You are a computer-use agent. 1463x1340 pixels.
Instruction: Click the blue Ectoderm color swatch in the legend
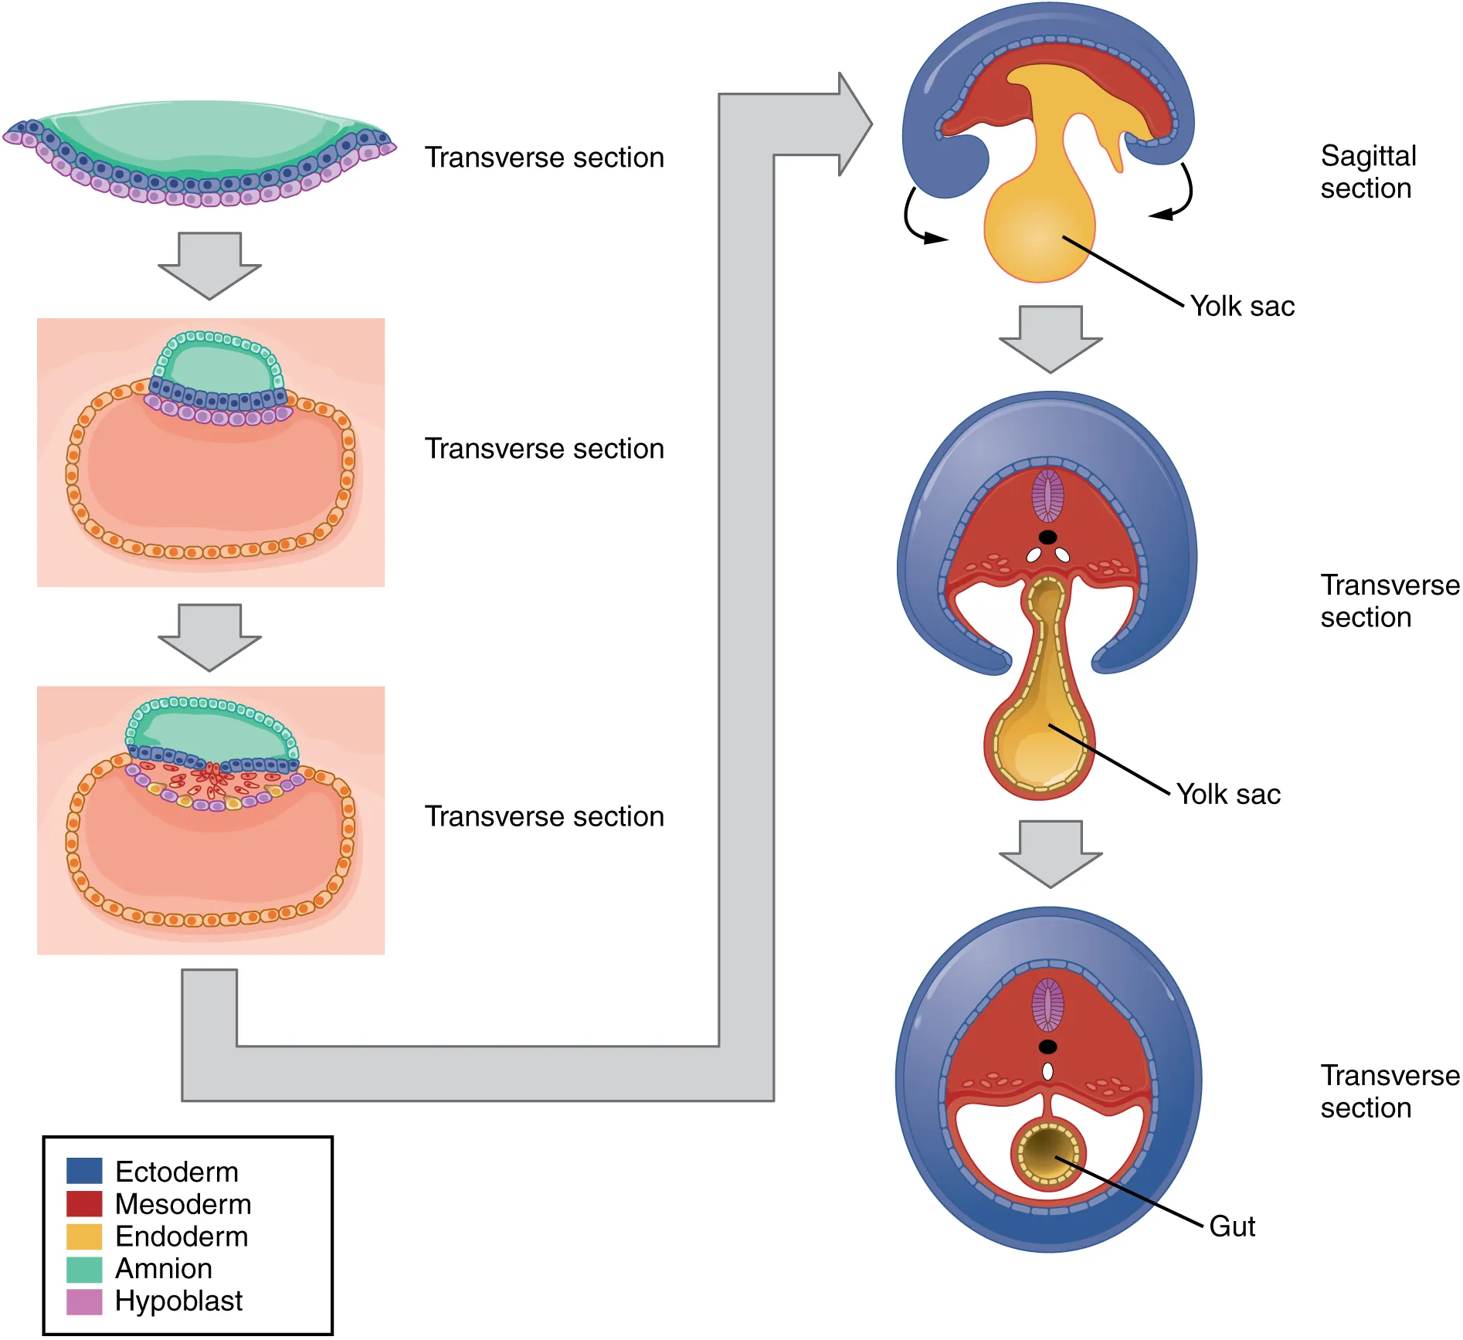84,1171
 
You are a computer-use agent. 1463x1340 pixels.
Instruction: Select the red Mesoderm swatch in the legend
84,1203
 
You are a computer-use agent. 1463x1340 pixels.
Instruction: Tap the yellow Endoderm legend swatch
84,1236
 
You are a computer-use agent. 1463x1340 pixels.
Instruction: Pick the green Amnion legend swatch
84,1268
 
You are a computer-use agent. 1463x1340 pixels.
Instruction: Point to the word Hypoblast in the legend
178,1301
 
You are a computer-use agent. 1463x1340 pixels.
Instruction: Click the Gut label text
1232,1226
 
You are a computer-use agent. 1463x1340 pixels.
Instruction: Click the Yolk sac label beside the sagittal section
1242,307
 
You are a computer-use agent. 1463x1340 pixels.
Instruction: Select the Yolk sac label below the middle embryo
1228,794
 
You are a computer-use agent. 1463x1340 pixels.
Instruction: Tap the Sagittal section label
1367,171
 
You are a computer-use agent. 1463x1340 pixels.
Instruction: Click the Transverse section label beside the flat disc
545,158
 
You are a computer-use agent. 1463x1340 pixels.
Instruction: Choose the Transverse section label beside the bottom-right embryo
1389,1091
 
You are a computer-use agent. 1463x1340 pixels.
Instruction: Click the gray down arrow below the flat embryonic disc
209,265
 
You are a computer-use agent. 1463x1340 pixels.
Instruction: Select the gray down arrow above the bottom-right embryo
1051,853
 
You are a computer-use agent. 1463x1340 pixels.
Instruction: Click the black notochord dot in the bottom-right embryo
1047,1047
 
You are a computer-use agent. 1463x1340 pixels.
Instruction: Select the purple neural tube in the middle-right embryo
1047,496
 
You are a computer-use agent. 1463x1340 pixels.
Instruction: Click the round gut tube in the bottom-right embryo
1048,1154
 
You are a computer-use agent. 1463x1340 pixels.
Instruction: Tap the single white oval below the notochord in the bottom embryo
1047,1071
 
